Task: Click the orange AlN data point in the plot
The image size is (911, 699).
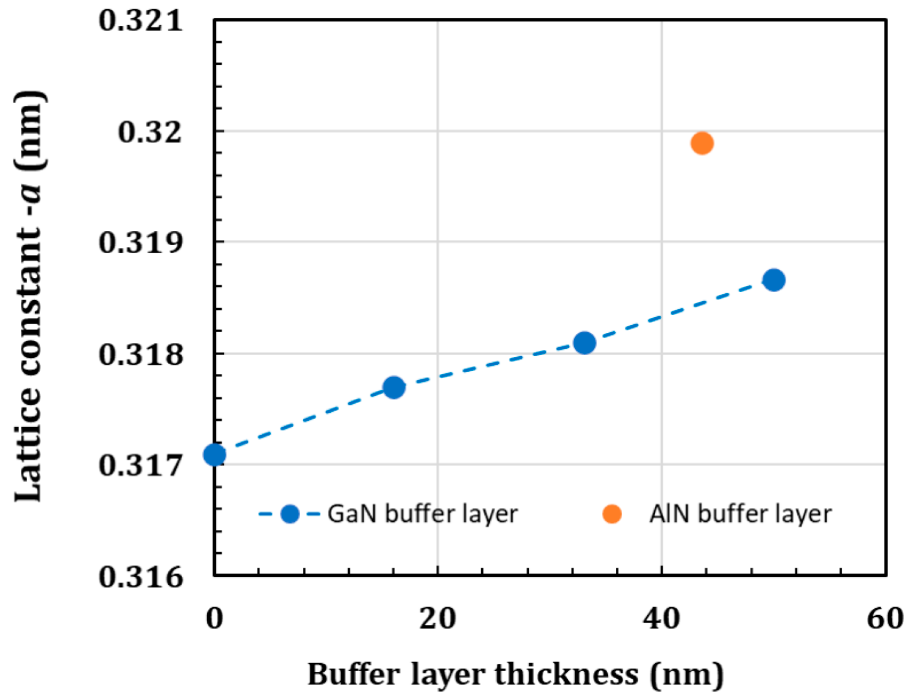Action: (702, 143)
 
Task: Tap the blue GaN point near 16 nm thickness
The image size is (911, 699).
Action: (394, 387)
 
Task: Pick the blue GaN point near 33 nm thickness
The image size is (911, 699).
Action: (584, 343)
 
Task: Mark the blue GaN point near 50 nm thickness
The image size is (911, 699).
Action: (774, 280)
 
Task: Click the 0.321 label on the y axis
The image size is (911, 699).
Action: (141, 20)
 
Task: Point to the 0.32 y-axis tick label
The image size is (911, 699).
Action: (150, 132)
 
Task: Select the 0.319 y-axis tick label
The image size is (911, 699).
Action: (141, 243)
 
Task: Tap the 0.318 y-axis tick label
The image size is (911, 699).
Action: (141, 354)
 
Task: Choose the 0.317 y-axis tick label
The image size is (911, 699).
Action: (141, 465)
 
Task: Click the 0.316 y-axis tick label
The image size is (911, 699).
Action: (141, 576)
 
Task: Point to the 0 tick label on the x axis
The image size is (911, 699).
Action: (214, 619)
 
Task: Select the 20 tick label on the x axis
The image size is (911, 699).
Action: (438, 619)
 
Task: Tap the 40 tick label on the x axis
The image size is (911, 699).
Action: (661, 619)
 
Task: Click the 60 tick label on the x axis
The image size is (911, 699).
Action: (885, 619)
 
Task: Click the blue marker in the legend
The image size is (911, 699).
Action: (290, 514)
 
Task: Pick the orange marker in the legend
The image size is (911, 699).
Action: (612, 514)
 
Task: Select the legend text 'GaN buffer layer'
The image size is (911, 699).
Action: (422, 515)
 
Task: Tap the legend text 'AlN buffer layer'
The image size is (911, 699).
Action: (741, 515)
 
